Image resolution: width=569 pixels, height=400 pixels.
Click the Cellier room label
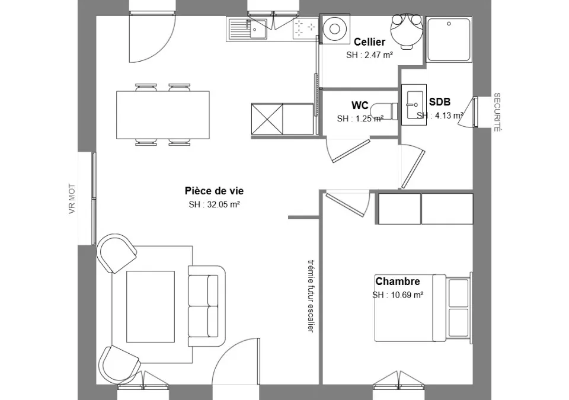369,42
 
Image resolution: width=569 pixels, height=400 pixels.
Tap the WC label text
360,105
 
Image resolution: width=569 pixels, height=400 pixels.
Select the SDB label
439,102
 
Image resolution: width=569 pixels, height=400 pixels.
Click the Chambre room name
397,281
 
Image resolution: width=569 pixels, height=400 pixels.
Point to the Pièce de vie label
214,191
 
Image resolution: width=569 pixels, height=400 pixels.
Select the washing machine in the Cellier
334,28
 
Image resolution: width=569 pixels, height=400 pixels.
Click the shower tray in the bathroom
449,39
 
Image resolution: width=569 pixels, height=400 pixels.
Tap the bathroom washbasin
414,104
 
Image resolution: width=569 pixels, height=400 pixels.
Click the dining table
163,115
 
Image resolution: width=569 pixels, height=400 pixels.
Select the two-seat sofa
207,306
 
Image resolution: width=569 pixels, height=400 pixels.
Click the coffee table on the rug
150,306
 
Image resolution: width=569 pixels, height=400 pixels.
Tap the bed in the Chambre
423,308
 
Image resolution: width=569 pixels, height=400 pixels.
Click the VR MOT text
72,199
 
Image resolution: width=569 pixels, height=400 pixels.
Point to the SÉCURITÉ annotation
497,112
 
